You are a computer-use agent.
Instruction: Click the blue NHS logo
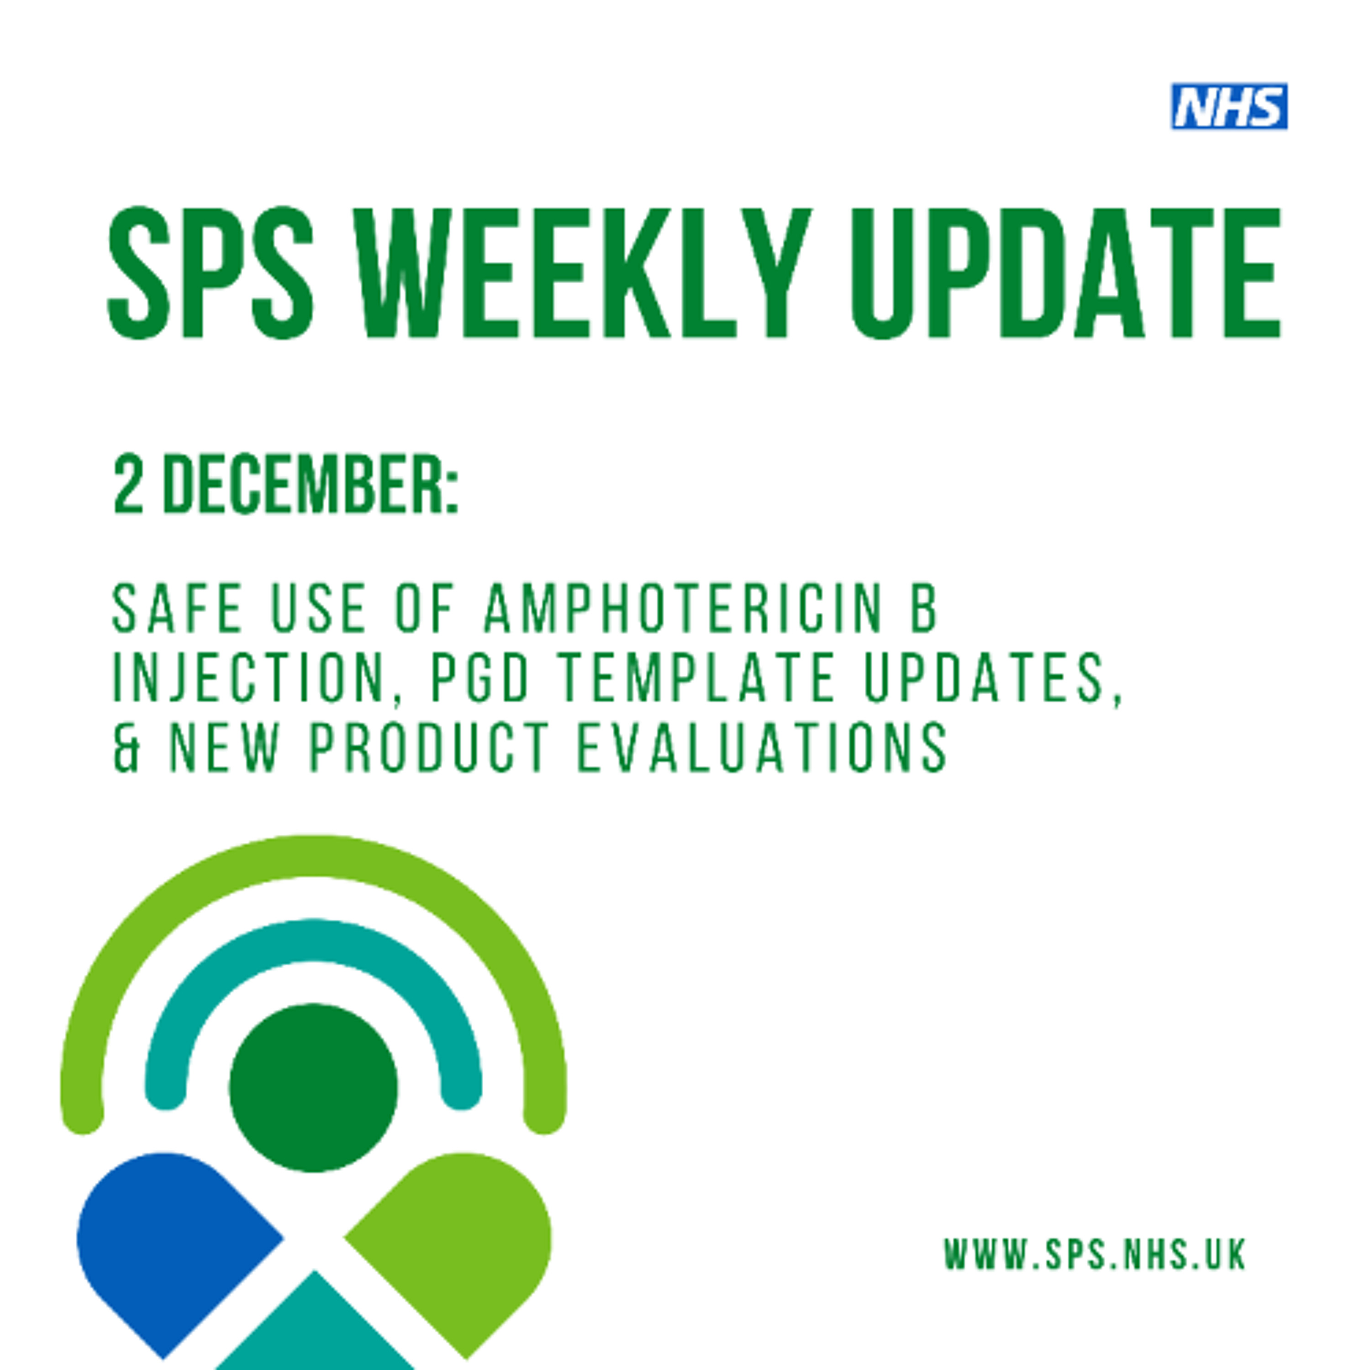pyautogui.click(x=1229, y=106)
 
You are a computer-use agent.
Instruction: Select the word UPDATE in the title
pyautogui.click(x=1066, y=273)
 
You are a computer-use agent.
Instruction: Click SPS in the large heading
pyautogui.click(x=211, y=273)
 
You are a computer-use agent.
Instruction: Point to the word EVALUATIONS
pyautogui.click(x=762, y=748)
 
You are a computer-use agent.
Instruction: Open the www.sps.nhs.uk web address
pyautogui.click(x=1094, y=1254)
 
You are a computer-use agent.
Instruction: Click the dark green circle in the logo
pyautogui.click(x=313, y=1087)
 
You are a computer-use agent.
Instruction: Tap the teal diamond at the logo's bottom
pyautogui.click(x=315, y=1333)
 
